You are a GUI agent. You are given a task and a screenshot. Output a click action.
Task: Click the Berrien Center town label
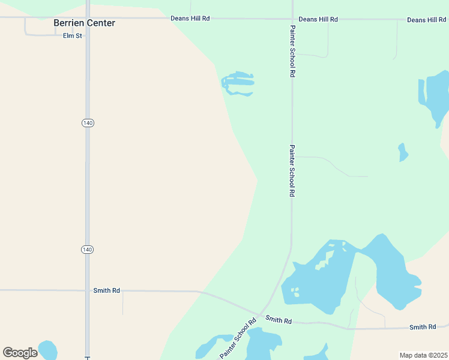pyautogui.click(x=84, y=23)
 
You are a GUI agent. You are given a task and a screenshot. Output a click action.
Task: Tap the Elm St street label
pyautogui.click(x=72, y=36)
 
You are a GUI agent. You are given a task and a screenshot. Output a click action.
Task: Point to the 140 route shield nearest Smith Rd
pyautogui.click(x=88, y=249)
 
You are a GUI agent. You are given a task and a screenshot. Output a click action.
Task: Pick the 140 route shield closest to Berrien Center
pyautogui.click(x=88, y=122)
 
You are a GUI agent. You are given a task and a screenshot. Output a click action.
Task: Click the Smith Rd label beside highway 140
pyautogui.click(x=106, y=290)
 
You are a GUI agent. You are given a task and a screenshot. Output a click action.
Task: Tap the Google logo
pyautogui.click(x=20, y=353)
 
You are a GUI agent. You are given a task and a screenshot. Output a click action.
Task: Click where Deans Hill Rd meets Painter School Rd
pyautogui.click(x=292, y=19)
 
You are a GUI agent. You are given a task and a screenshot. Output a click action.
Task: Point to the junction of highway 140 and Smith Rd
pyautogui.click(x=88, y=290)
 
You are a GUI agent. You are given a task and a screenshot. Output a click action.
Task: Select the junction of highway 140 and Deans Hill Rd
pyautogui.click(x=88, y=18)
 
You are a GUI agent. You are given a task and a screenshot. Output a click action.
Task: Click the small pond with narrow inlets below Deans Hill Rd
pyautogui.click(x=238, y=82)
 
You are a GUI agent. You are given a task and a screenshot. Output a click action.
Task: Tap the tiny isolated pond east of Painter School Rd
pyautogui.click(x=403, y=152)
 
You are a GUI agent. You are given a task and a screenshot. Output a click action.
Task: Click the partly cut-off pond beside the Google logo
pyautogui.click(x=47, y=350)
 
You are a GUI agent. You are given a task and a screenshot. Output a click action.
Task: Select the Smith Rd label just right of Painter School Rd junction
pyautogui.click(x=278, y=321)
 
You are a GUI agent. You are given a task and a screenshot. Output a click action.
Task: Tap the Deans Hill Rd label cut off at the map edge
pyautogui.click(x=427, y=20)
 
